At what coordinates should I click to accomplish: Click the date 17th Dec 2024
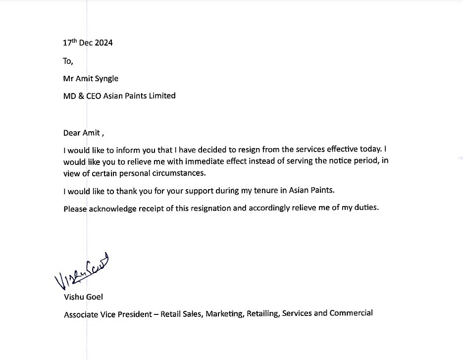click(88, 43)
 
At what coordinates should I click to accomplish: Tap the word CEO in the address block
click(94, 96)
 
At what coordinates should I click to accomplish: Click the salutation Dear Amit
click(81, 132)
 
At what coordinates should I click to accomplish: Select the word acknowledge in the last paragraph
click(112, 208)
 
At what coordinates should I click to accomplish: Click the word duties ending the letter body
click(366, 207)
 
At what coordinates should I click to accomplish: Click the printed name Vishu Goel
click(83, 297)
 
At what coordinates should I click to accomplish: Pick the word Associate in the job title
click(81, 314)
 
